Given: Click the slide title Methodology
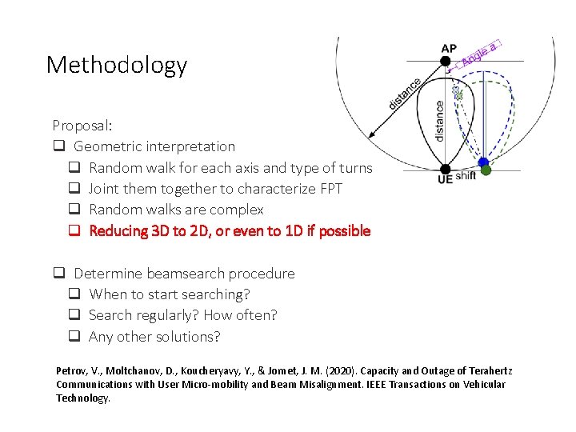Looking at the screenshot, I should pos(117,65).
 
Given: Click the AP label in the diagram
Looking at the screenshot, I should pos(449,48).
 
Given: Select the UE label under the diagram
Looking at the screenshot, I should pos(445,180).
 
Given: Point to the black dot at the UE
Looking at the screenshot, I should pos(446,170).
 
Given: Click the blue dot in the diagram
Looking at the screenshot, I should pos(482,162).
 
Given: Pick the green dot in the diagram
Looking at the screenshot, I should pos(486,170).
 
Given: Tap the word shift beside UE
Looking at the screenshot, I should pos(465,176).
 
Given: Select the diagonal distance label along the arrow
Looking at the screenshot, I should pos(405,94).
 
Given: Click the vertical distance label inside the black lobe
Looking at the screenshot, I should pos(439,120).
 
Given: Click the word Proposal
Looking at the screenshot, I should pos(81,126).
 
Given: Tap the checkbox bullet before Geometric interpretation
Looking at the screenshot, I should pos(58,146).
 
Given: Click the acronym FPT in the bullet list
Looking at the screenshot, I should pos(330,189).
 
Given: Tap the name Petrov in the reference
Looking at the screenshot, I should pos(70,371).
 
